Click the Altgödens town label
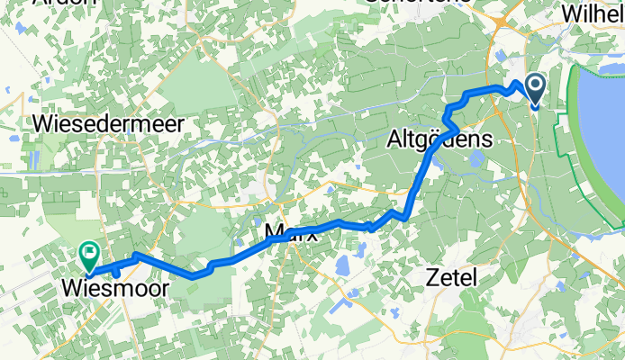(x=439, y=140)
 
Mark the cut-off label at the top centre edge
(x=405, y=3)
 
